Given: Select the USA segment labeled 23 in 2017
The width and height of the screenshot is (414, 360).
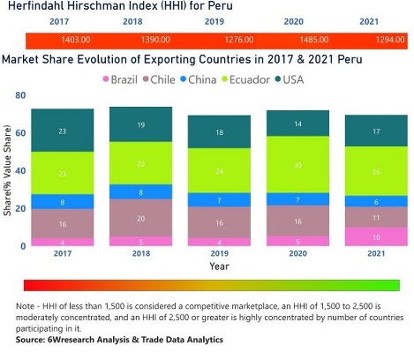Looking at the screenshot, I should tap(63, 131).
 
